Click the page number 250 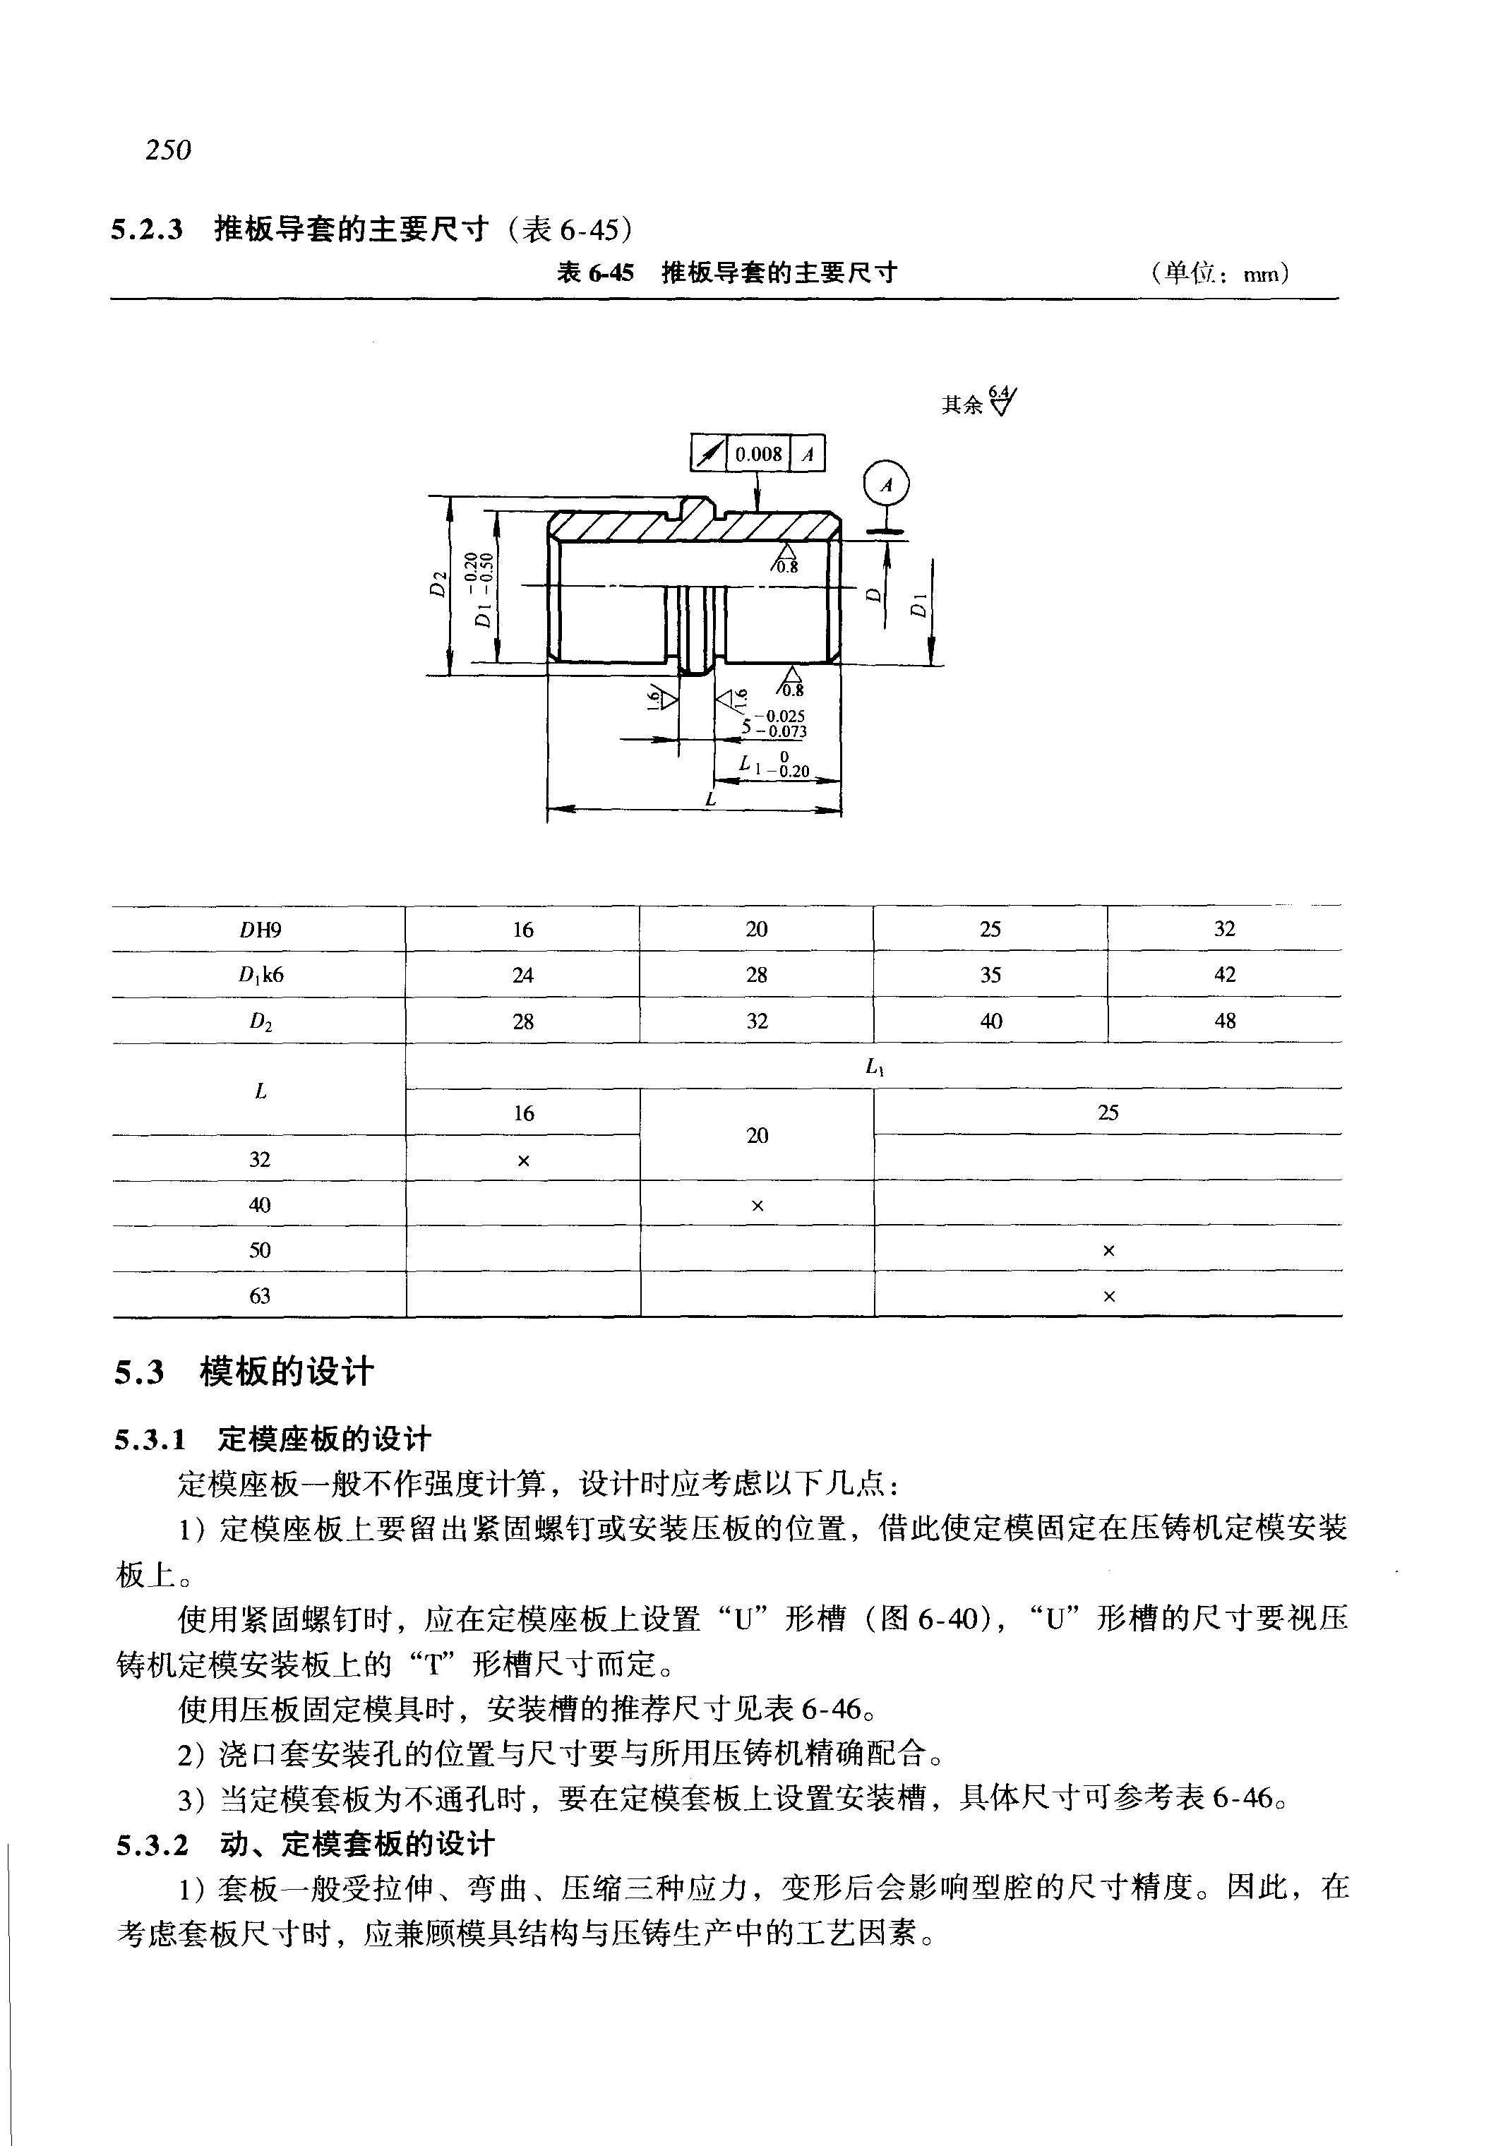tap(168, 150)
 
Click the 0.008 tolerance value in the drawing tap(758, 454)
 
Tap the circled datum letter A tap(887, 486)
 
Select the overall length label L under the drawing tap(711, 800)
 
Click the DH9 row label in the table tap(260, 930)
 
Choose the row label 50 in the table tap(260, 1250)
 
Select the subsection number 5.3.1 tap(150, 1439)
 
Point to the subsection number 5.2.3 tap(147, 229)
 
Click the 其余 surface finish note tap(963, 404)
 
